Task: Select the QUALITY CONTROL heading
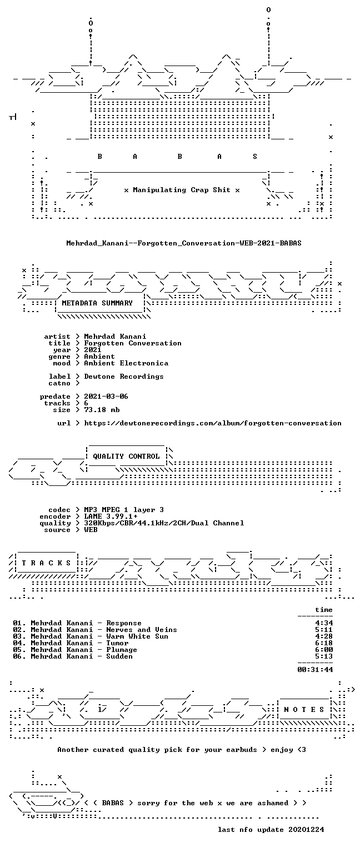click(x=126, y=456)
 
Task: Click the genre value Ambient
click(x=99, y=357)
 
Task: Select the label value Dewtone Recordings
click(x=123, y=376)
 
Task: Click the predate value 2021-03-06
click(x=106, y=397)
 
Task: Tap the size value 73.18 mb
click(x=102, y=410)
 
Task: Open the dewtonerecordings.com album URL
click(x=213, y=423)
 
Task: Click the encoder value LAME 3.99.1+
click(x=111, y=516)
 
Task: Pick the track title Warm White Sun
click(x=137, y=636)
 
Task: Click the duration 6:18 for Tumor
click(x=324, y=643)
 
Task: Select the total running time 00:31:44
click(x=315, y=669)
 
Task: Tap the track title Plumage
click(x=122, y=650)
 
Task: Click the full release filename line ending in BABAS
click(x=184, y=243)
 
